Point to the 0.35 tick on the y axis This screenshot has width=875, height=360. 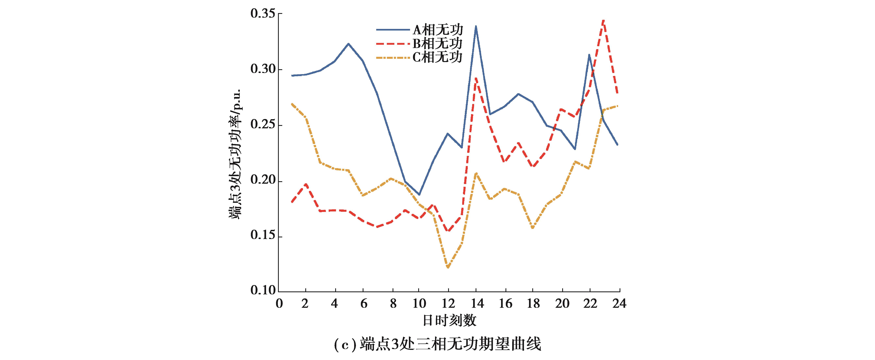[x=262, y=14]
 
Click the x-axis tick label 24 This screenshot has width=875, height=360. [x=619, y=303]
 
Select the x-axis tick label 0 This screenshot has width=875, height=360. [x=279, y=303]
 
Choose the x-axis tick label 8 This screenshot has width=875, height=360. [x=393, y=303]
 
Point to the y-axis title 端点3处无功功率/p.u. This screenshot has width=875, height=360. [x=234, y=154]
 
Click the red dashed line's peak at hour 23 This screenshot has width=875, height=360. [x=604, y=20]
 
